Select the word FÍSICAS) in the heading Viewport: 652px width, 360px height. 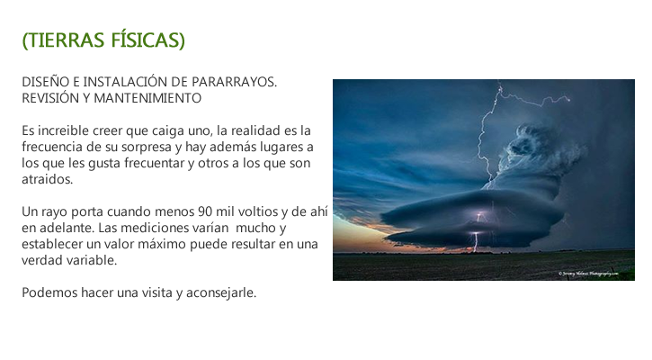[x=147, y=40]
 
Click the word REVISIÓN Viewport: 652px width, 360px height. [x=49, y=98]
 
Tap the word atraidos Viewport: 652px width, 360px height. [x=47, y=179]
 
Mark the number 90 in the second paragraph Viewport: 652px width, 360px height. [x=205, y=211]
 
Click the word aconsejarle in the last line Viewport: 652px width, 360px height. [x=221, y=292]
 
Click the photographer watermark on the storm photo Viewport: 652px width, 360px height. [x=588, y=274]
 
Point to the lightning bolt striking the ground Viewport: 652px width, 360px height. [x=475, y=242]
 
